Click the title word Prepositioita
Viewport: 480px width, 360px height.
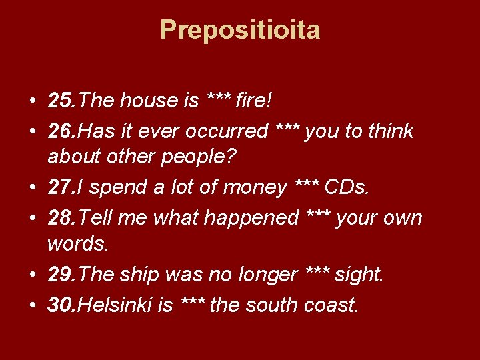[x=240, y=30]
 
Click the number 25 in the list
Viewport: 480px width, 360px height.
[x=61, y=101]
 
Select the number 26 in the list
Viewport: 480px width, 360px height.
[x=61, y=131]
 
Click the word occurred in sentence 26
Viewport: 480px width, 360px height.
[x=227, y=131]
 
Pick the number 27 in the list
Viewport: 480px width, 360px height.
[x=61, y=187]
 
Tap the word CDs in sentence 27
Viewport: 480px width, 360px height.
[x=345, y=187]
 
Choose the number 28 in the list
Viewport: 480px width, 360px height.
[x=61, y=217]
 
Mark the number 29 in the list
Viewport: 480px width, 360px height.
[x=61, y=274]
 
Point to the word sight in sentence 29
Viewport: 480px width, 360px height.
[x=358, y=274]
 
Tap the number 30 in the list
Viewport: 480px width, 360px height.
[x=61, y=305]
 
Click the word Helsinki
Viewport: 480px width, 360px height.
[x=116, y=305]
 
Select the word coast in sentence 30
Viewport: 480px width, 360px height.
[x=331, y=305]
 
